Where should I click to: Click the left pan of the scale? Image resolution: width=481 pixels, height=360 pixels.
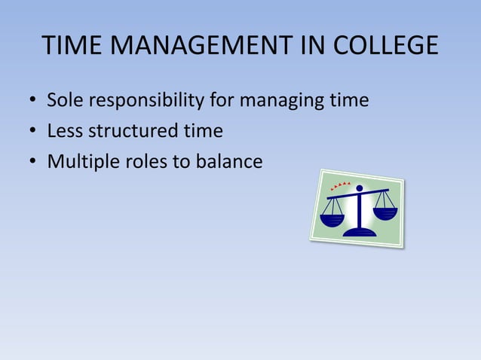332,220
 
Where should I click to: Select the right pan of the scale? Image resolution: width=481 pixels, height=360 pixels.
384,213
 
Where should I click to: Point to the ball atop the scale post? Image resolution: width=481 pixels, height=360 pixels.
360,188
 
